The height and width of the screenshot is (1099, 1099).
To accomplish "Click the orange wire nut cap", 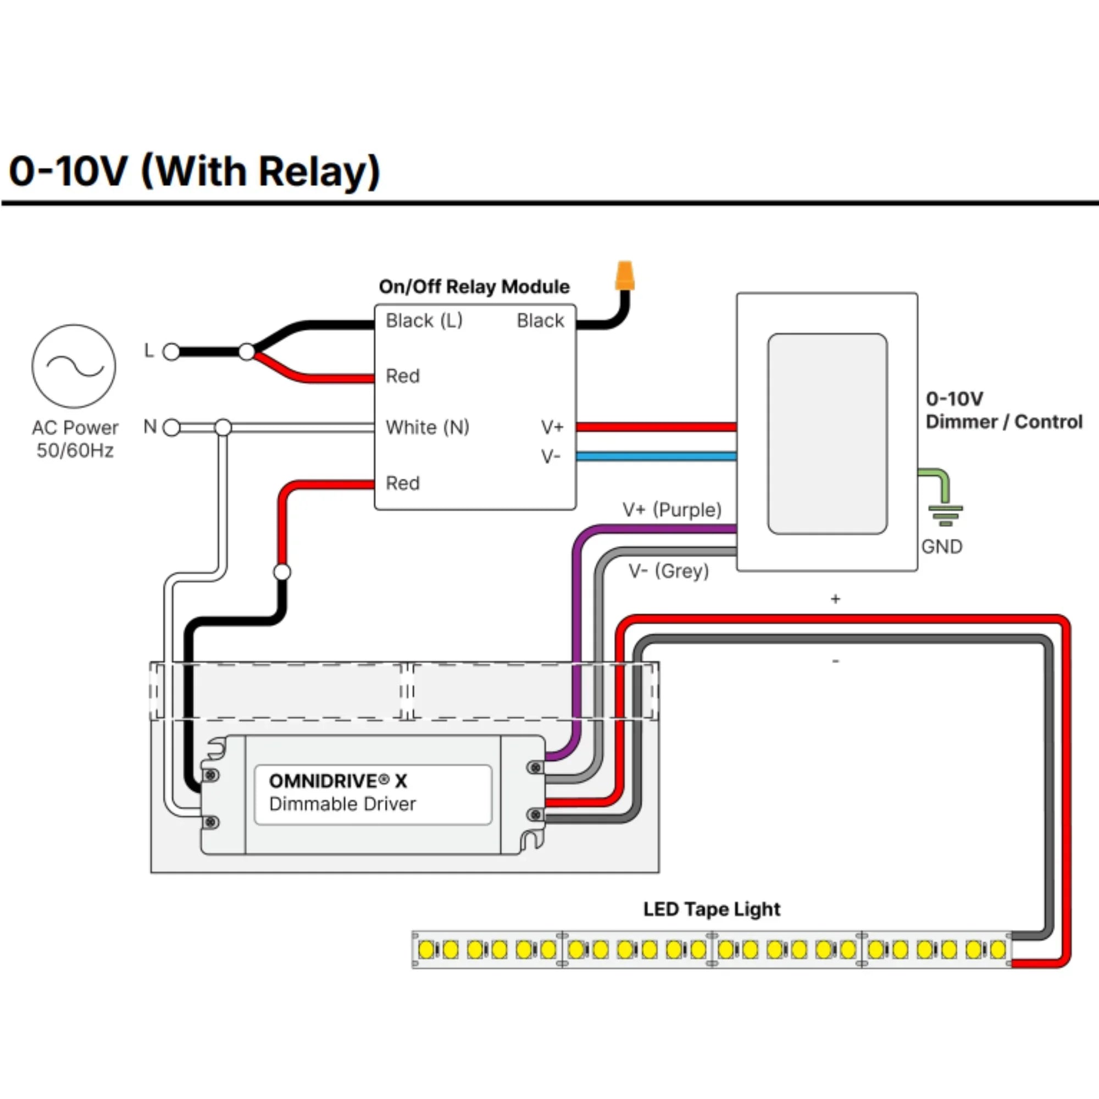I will [x=624, y=276].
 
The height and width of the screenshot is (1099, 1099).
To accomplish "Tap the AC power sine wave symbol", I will [x=74, y=367].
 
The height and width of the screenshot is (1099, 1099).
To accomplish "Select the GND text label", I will [x=941, y=547].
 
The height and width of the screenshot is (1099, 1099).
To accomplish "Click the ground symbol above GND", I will [x=945, y=514].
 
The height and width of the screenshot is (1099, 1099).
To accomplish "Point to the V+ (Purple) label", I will [x=672, y=510].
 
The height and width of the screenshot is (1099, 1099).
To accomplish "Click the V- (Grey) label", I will [x=668, y=570].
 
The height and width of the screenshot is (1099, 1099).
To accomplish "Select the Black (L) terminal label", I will [x=424, y=321].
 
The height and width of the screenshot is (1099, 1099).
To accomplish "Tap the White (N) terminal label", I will [x=427, y=427].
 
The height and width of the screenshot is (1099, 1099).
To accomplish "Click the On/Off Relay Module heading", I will [x=474, y=287].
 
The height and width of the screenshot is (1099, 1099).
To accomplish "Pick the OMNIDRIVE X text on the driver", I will [x=338, y=781].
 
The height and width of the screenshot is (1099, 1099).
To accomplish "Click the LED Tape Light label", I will [x=711, y=909].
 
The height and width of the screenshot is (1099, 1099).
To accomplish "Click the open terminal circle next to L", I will [x=171, y=352].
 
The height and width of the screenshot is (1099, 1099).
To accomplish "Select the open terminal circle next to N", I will [x=171, y=427].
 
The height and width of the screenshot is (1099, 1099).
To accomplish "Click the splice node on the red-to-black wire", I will [x=282, y=571].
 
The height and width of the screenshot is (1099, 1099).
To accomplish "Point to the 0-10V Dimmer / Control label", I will [x=1003, y=410].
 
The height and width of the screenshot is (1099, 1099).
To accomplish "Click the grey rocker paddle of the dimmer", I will [x=827, y=434].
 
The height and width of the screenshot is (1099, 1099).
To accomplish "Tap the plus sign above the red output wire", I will [x=835, y=599].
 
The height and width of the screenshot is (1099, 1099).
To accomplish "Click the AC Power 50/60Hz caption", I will [x=75, y=439].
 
